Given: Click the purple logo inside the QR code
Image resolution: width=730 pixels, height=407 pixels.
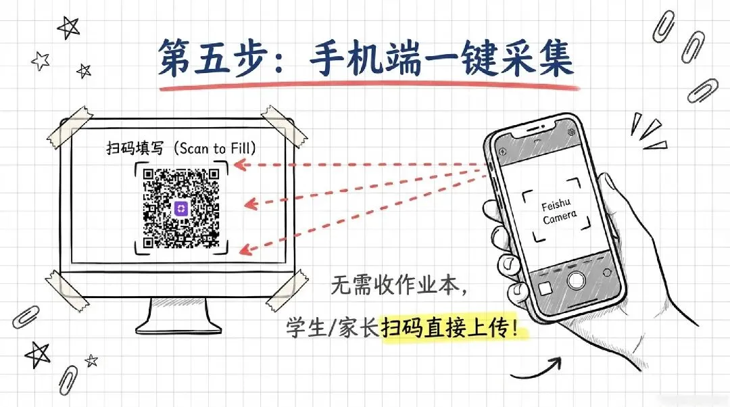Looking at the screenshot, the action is point(181,208).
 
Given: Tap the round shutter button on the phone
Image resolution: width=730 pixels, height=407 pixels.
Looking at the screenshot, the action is point(575,280).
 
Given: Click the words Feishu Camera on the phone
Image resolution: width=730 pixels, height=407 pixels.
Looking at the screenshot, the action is point(559,209).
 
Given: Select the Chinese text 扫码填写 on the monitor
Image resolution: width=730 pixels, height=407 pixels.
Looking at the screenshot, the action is point(131,147).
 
